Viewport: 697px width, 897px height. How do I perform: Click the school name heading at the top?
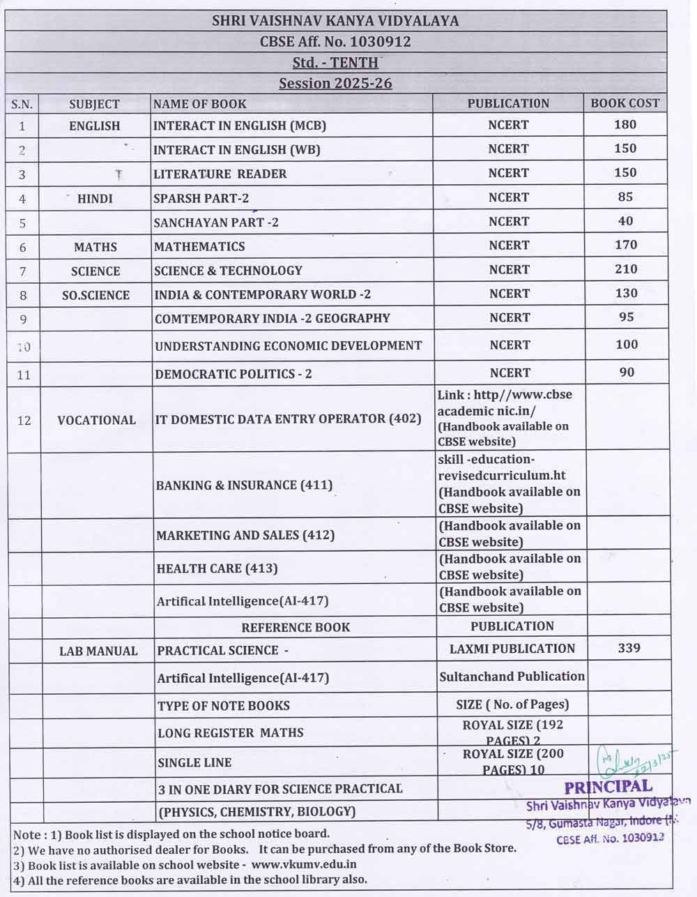335,21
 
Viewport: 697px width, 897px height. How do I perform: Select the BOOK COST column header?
625,103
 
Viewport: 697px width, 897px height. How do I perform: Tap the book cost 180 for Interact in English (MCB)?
626,125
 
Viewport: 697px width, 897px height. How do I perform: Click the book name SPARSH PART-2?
201,198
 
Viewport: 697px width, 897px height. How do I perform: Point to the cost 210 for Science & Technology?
626,269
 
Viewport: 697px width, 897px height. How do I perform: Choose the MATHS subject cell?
95,247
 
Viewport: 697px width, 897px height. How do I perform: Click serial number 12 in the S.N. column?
24,421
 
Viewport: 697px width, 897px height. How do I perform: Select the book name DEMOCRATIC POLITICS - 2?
233,374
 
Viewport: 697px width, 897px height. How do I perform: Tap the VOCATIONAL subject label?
96,421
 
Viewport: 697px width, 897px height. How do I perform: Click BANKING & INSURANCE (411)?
244,485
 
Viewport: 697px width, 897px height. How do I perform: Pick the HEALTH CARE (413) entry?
217,568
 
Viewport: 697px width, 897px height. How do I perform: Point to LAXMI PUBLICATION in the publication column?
512,649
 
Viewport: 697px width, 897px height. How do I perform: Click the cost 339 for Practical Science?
629,648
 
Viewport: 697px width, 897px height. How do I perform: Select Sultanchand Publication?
512,677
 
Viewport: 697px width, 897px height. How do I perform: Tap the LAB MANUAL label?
98,651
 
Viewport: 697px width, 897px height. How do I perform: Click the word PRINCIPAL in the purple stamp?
608,787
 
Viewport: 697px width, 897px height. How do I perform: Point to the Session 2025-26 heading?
335,84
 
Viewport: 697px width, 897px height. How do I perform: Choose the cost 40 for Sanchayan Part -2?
626,221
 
